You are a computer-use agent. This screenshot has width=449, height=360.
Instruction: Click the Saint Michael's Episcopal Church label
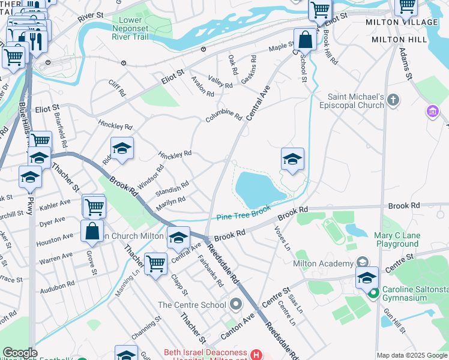pos(356,101)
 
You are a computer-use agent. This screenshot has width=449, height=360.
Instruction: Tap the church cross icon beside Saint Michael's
pos(393,100)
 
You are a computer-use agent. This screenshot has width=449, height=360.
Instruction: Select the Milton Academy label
pos(323,264)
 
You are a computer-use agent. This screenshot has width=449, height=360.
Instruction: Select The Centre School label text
pos(191,305)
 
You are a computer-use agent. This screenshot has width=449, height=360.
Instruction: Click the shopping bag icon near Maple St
pos(305,40)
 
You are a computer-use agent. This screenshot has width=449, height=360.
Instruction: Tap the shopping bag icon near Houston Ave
pos(92,231)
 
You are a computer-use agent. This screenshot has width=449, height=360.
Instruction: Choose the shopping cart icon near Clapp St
pos(155,263)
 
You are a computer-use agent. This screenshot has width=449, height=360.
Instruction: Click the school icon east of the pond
pos(292,159)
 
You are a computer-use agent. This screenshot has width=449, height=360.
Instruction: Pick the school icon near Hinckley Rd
pos(121,149)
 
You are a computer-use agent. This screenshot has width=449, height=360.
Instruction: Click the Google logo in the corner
pos(20,353)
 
